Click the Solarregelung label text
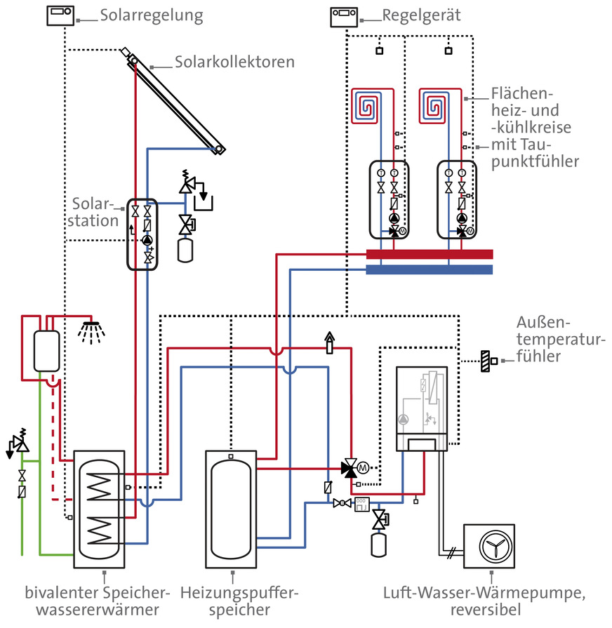152,15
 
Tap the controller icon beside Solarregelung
60,15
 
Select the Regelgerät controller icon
343,15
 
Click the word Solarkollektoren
235,62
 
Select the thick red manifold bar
430,254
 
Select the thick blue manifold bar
430,269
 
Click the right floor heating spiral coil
434,107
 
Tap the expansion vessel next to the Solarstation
186,249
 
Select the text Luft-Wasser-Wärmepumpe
484,594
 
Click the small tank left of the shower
46,349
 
